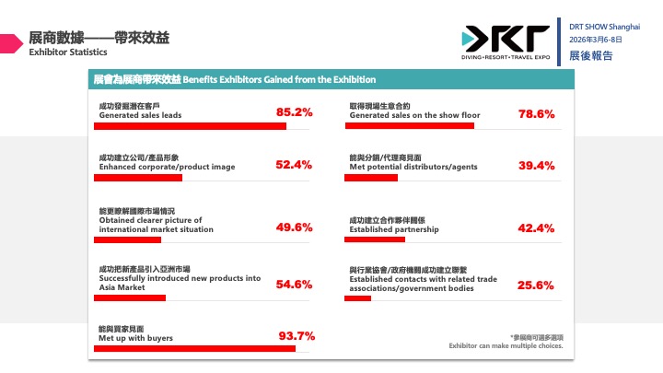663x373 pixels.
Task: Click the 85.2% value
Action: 295,113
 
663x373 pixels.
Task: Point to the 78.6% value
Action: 536,114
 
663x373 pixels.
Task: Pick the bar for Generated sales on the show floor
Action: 409,125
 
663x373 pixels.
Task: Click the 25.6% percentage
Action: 536,285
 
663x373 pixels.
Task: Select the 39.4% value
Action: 536,166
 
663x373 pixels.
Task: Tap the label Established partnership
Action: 393,228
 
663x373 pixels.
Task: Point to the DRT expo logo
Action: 506,41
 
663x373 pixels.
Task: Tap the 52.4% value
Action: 295,166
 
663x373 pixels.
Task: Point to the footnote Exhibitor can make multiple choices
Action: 506,346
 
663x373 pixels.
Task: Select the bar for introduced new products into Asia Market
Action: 131,297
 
